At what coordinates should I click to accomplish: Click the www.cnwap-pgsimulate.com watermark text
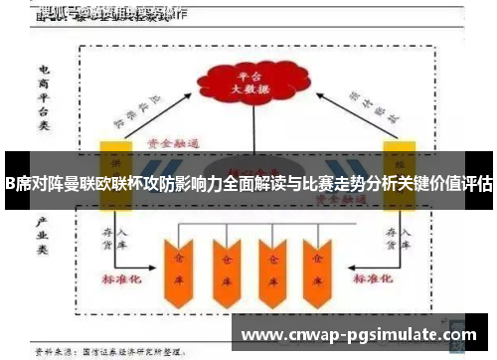coord(360,335)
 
